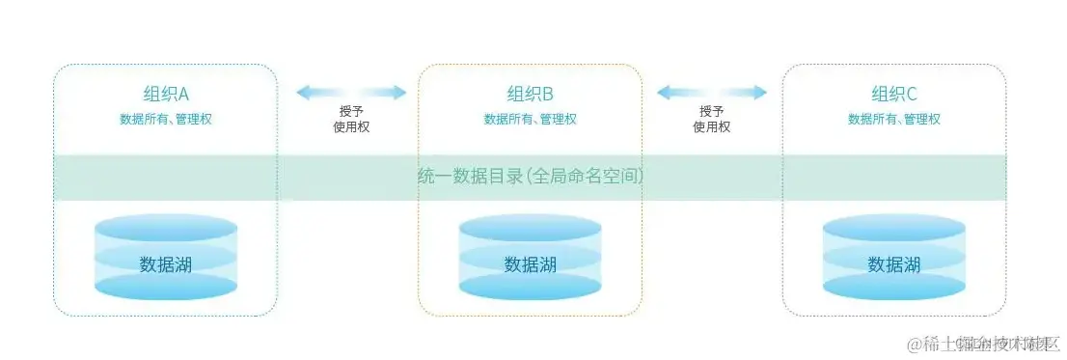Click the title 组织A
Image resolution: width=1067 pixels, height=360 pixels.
(x=166, y=94)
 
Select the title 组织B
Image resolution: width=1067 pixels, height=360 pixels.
(x=530, y=94)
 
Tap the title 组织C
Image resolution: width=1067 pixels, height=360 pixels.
(x=893, y=94)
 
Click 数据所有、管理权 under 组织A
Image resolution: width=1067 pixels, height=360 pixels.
(x=166, y=119)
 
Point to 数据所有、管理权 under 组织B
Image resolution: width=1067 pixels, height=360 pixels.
(x=530, y=119)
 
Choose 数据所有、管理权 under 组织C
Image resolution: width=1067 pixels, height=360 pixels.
(x=893, y=119)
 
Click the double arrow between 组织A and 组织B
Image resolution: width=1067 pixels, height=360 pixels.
(x=350, y=93)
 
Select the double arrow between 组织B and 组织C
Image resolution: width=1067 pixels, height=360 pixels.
(x=712, y=93)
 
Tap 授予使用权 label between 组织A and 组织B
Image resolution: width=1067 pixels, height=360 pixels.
(x=350, y=119)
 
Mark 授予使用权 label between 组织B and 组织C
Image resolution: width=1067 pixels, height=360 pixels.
(x=712, y=119)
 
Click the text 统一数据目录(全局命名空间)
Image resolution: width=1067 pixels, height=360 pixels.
(x=530, y=177)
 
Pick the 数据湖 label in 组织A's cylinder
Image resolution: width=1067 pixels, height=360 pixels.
(x=166, y=263)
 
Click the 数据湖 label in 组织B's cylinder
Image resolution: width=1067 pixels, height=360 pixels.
(x=530, y=263)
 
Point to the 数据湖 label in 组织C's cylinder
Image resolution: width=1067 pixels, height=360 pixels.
(x=893, y=263)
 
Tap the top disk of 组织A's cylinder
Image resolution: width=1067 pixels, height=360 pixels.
(x=166, y=228)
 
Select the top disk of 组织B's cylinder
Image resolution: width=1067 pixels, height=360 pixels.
(x=530, y=228)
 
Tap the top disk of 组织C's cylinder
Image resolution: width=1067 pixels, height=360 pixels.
(x=893, y=228)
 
